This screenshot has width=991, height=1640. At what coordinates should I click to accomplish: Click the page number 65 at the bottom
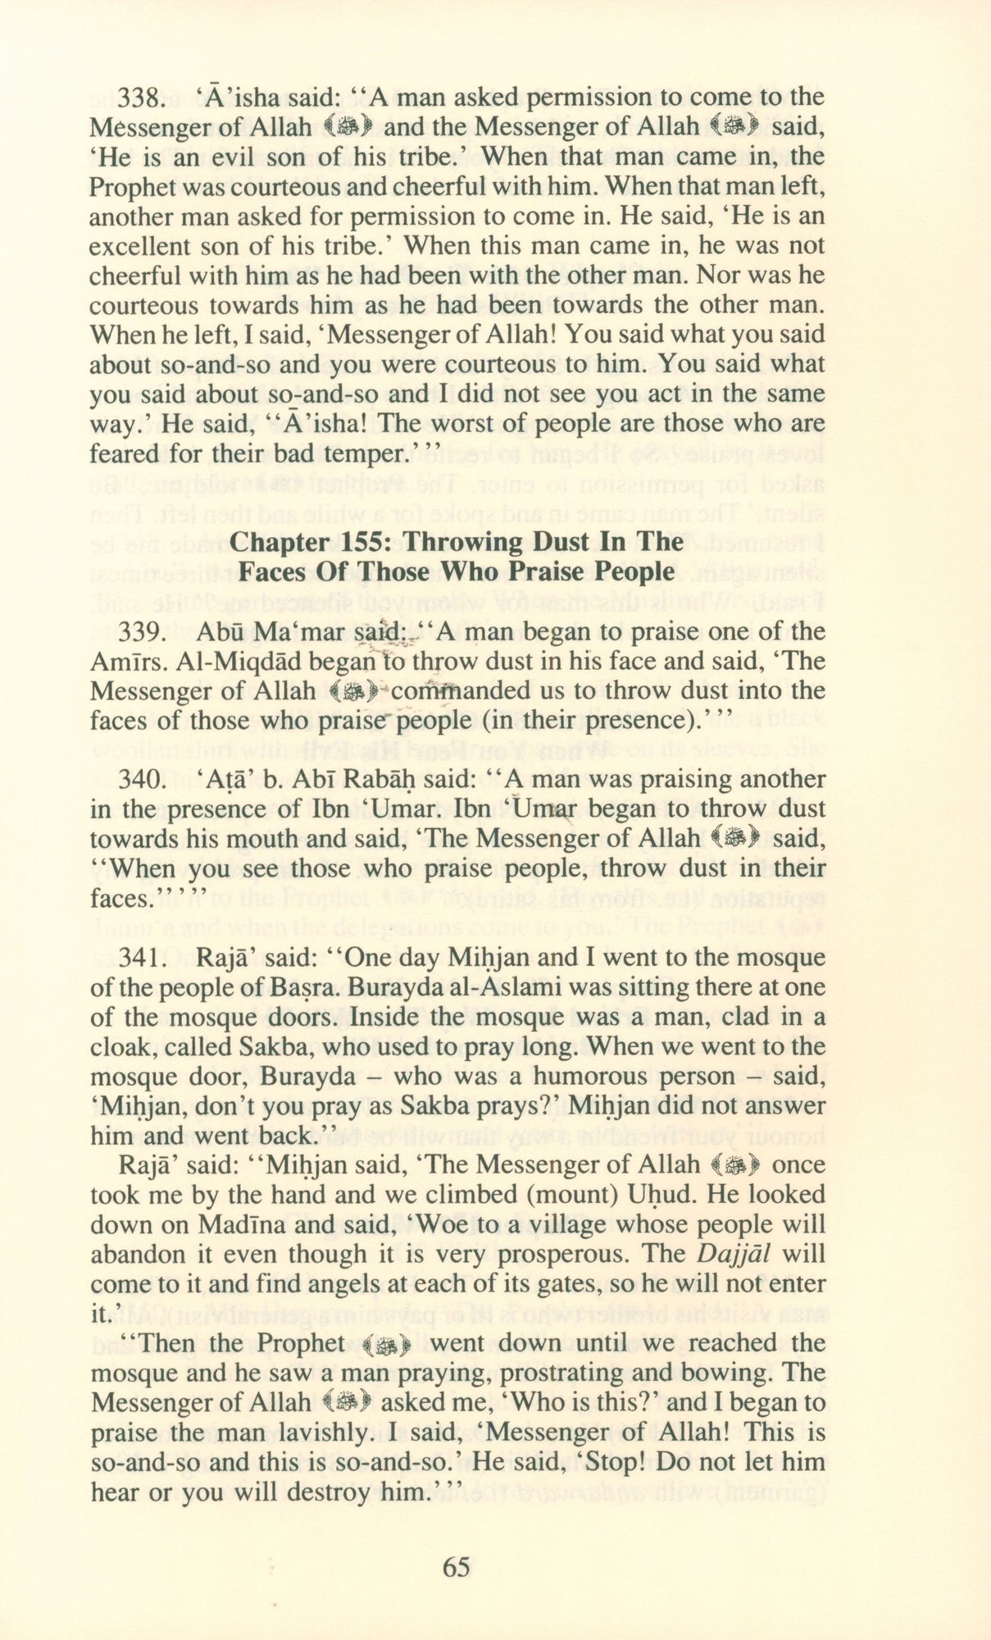(456, 1567)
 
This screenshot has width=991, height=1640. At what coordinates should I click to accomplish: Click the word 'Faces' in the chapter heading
(270, 572)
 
